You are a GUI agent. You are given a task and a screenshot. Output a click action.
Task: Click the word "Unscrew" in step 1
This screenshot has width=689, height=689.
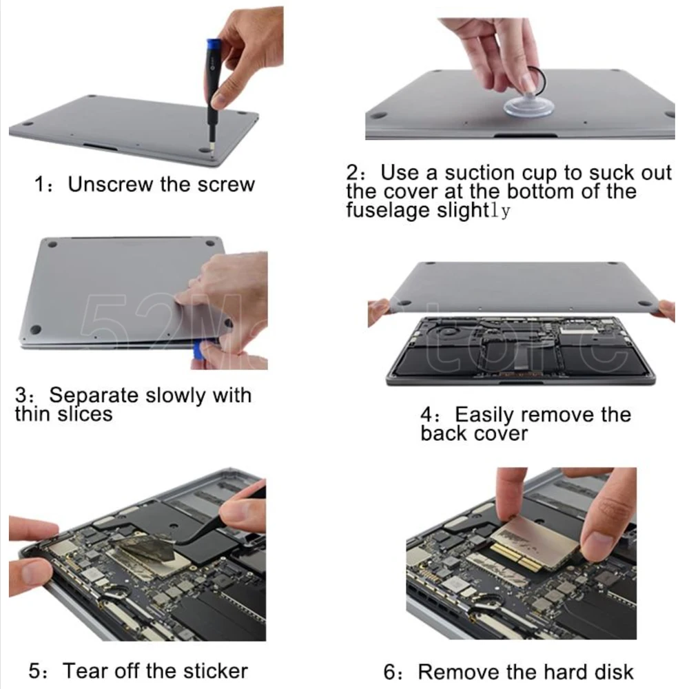click(110, 184)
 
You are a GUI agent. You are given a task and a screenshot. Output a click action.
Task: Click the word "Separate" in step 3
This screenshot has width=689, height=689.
click(94, 395)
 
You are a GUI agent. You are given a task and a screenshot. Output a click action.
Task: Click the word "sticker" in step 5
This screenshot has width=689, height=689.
click(215, 671)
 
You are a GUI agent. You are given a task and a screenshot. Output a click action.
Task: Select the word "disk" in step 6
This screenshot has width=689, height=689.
click(614, 672)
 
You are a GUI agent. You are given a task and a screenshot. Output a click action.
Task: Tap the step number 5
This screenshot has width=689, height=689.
click(34, 671)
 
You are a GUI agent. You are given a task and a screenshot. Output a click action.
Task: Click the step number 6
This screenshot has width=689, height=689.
click(389, 672)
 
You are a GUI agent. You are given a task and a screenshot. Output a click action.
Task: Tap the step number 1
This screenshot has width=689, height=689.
click(39, 185)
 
